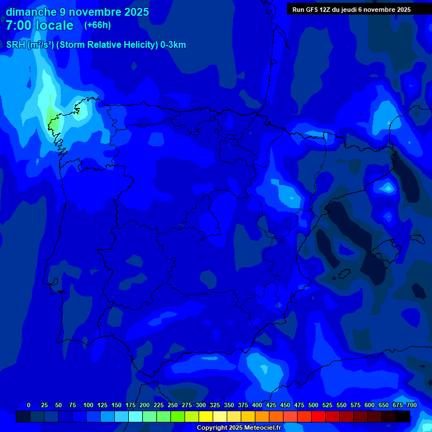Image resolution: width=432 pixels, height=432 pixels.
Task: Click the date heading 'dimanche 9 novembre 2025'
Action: (77, 12)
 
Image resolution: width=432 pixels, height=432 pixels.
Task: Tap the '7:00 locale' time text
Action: (39, 25)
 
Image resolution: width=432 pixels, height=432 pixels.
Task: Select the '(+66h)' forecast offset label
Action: (97, 25)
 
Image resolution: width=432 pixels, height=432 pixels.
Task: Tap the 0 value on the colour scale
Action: (29, 405)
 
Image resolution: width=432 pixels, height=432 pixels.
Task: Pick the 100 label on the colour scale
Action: (88, 405)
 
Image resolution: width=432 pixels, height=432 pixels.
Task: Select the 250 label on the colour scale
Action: (172, 405)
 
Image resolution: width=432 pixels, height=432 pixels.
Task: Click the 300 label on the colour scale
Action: (200, 405)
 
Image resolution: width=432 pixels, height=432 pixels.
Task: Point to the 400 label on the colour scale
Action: (256, 405)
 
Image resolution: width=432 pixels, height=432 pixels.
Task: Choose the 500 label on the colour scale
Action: (313, 405)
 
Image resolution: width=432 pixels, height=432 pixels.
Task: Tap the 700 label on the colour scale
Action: (411, 405)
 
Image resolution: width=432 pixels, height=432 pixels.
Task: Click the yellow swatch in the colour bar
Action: (206, 417)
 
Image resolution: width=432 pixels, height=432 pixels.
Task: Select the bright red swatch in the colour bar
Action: (318, 417)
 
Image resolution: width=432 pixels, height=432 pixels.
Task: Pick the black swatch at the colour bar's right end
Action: (403, 417)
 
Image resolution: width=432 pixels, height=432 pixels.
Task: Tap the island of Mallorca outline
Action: (388, 247)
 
